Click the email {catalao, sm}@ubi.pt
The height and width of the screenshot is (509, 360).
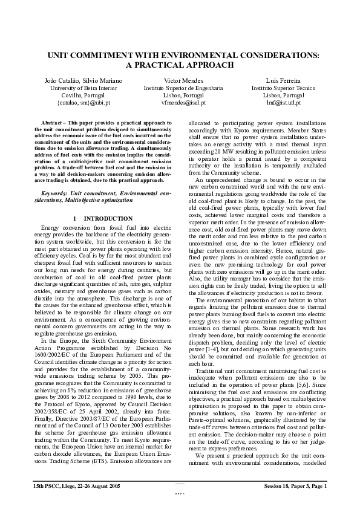tap(83, 103)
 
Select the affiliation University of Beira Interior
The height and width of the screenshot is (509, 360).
tap(83, 88)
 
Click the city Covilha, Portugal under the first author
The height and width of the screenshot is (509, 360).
tap(83, 96)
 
